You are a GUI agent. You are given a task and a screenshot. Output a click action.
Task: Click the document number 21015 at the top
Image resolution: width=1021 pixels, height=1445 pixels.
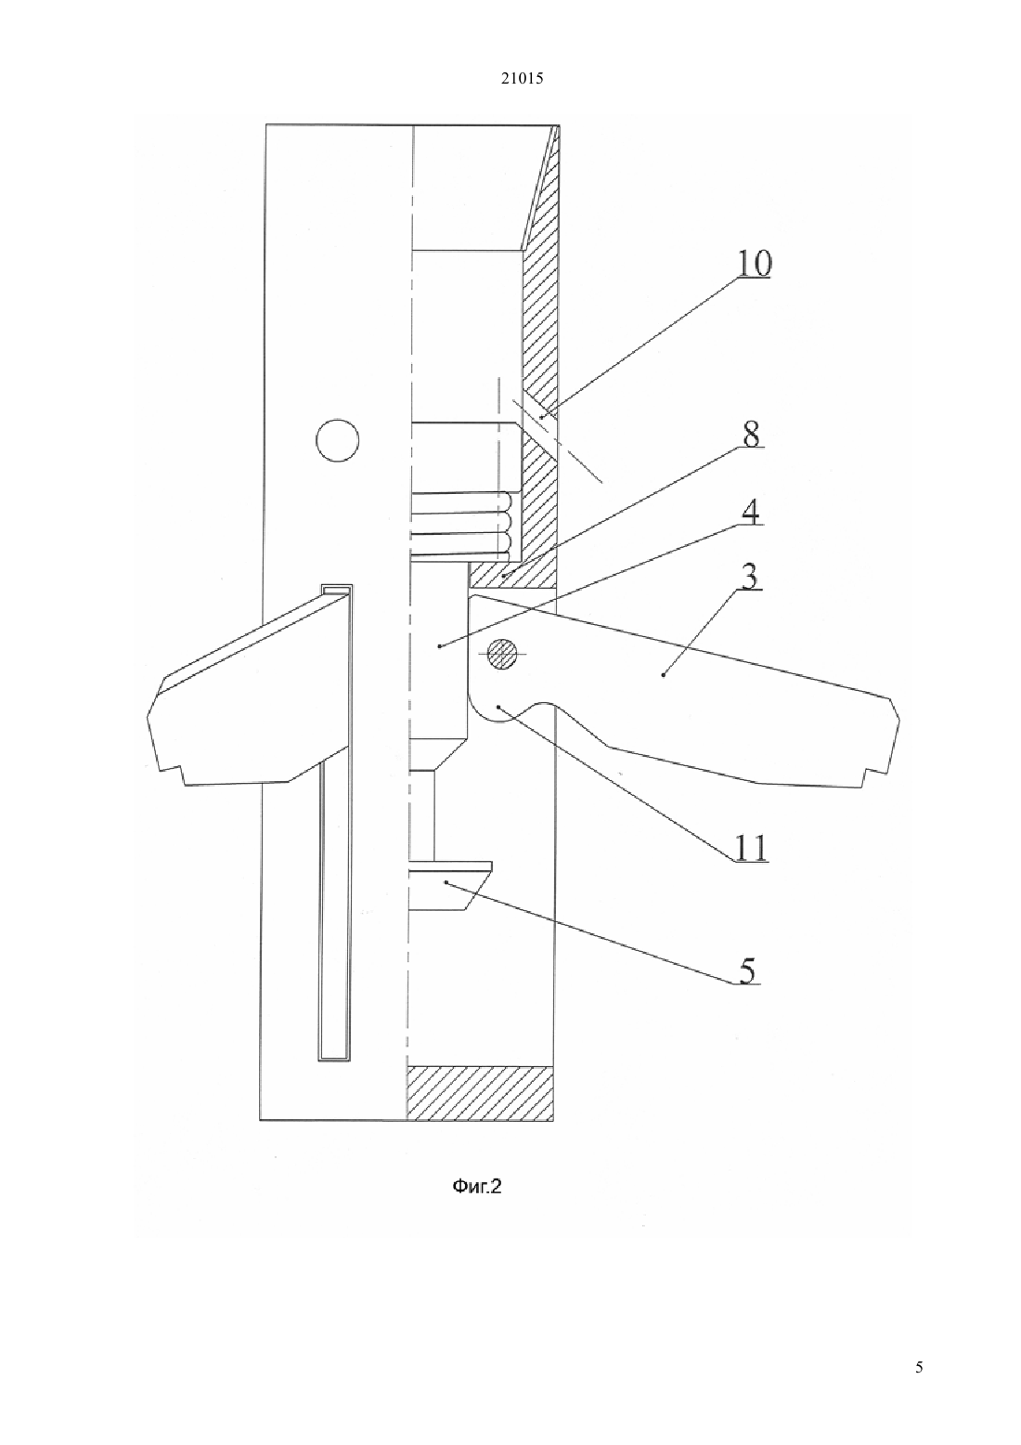click(522, 79)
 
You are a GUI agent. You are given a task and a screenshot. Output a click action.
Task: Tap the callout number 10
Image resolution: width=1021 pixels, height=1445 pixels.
click(754, 263)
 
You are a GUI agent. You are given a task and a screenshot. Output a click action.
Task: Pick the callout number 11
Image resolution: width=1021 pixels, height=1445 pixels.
click(752, 848)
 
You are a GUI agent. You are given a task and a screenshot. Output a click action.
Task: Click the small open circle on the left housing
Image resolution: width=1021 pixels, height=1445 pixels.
click(337, 440)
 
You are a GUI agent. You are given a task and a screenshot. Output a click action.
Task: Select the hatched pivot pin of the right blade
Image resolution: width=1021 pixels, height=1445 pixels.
click(502, 654)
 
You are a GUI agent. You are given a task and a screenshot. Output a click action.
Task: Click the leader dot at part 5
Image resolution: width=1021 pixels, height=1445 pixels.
click(446, 882)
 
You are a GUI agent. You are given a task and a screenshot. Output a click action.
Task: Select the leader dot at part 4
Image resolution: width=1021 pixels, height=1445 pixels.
click(439, 645)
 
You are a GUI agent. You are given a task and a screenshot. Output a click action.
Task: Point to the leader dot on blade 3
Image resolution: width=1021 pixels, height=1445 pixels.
click(664, 675)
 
